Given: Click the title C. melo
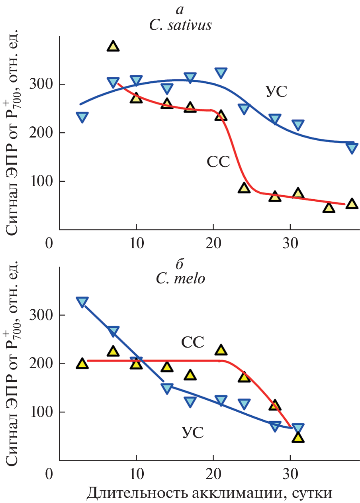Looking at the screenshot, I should point(180,278).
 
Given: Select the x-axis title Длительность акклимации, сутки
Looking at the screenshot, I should point(209,493).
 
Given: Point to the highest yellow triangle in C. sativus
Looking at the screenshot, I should point(113,46).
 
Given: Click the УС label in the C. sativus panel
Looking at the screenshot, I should point(276,92).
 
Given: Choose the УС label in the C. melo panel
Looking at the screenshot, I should point(193,433).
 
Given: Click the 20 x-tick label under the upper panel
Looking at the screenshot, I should point(213,242).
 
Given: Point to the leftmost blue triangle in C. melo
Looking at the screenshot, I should point(82,301).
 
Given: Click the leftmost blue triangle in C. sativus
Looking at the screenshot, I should point(82,117).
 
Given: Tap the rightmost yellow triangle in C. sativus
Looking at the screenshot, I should point(351,204).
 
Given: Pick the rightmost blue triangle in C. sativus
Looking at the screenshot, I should point(352,147).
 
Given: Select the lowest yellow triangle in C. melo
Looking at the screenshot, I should point(298,438).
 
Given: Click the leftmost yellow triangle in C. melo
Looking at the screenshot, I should point(82,363).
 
